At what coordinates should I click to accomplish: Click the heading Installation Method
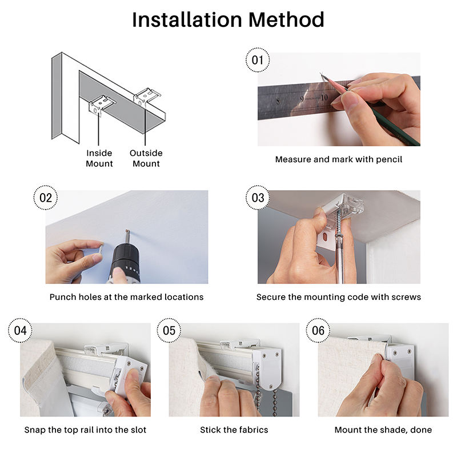(x=228, y=20)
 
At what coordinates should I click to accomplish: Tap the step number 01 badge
(x=258, y=60)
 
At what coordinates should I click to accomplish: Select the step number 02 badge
(x=46, y=198)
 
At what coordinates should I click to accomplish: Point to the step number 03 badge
(x=258, y=198)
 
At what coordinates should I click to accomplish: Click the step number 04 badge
(x=20, y=331)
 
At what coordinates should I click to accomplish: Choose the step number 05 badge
(x=169, y=331)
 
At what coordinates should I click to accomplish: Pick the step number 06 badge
(x=318, y=331)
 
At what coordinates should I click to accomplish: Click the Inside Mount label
(x=99, y=158)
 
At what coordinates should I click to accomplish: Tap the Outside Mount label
(x=146, y=158)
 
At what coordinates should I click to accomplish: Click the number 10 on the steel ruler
(x=324, y=98)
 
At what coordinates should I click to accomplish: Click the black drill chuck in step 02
(x=126, y=260)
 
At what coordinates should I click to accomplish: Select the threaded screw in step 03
(x=339, y=222)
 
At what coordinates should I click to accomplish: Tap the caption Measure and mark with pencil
(x=339, y=159)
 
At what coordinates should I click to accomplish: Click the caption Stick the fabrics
(x=234, y=430)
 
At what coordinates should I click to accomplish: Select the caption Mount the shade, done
(x=383, y=430)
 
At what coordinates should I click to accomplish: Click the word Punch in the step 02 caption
(x=60, y=297)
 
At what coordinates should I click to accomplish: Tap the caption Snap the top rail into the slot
(x=85, y=430)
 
